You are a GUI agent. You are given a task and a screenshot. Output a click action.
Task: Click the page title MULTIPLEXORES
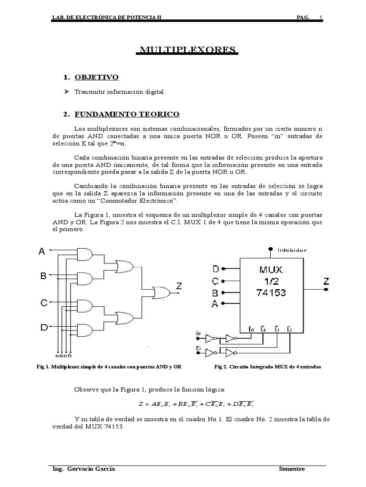(x=187, y=50)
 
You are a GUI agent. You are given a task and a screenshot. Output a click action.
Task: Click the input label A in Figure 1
(x=42, y=252)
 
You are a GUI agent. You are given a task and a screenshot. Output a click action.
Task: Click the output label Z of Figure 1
(x=179, y=286)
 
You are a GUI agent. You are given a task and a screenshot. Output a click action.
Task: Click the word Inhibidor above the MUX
(x=292, y=250)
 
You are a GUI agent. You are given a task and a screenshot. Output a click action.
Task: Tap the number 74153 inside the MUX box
(x=270, y=292)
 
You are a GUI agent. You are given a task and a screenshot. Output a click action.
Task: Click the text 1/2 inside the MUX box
(x=270, y=281)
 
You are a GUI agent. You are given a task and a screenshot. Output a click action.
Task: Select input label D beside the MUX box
(x=215, y=270)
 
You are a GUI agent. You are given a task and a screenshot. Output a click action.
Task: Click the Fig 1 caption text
(x=109, y=368)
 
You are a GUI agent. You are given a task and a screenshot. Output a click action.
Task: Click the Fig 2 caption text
(x=268, y=368)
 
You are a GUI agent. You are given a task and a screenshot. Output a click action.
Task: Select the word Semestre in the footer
(x=292, y=469)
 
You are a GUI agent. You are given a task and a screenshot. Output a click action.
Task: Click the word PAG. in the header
(x=303, y=18)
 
